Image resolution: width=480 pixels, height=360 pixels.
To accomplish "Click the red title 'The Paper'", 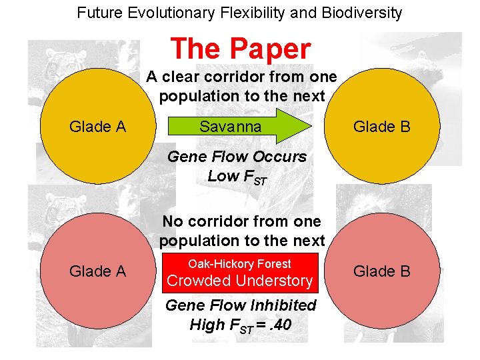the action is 240,49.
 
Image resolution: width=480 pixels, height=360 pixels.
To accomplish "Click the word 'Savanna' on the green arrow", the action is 231,127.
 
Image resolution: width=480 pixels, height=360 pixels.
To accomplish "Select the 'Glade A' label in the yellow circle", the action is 98,127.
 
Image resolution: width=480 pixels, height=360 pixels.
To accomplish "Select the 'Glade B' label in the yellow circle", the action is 382,127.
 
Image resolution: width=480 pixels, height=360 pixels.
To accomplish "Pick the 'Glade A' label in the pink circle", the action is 98,271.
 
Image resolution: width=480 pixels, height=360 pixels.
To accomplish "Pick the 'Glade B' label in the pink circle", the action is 382,271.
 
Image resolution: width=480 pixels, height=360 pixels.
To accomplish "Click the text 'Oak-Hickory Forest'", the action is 239,264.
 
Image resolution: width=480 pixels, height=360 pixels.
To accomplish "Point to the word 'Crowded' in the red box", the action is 197,281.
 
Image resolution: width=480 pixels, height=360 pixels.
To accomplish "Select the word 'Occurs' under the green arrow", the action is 281,157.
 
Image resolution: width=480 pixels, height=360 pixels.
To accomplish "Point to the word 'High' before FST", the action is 207,325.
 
